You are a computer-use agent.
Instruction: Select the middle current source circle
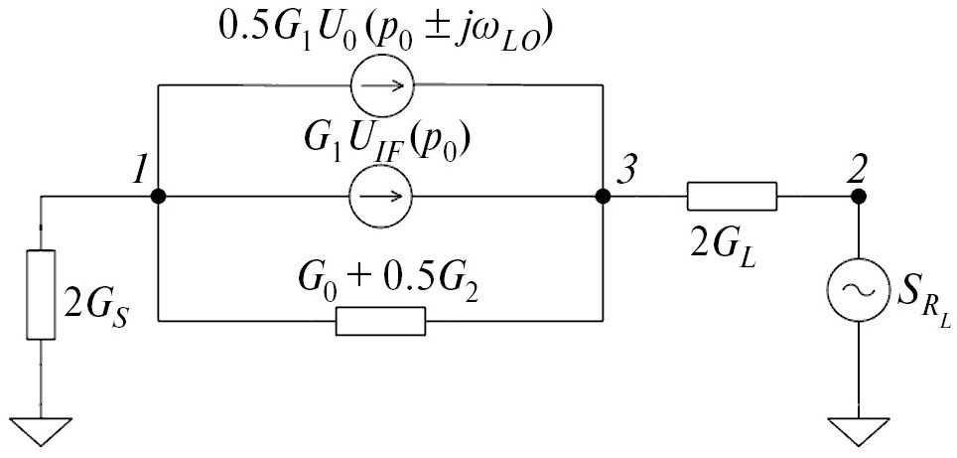click(380, 196)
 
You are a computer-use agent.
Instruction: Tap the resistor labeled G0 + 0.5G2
click(381, 321)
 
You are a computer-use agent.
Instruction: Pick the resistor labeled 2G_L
click(731, 196)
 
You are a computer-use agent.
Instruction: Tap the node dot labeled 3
click(602, 196)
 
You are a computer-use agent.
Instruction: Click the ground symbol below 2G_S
click(42, 431)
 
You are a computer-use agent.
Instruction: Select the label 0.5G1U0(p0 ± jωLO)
click(386, 31)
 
